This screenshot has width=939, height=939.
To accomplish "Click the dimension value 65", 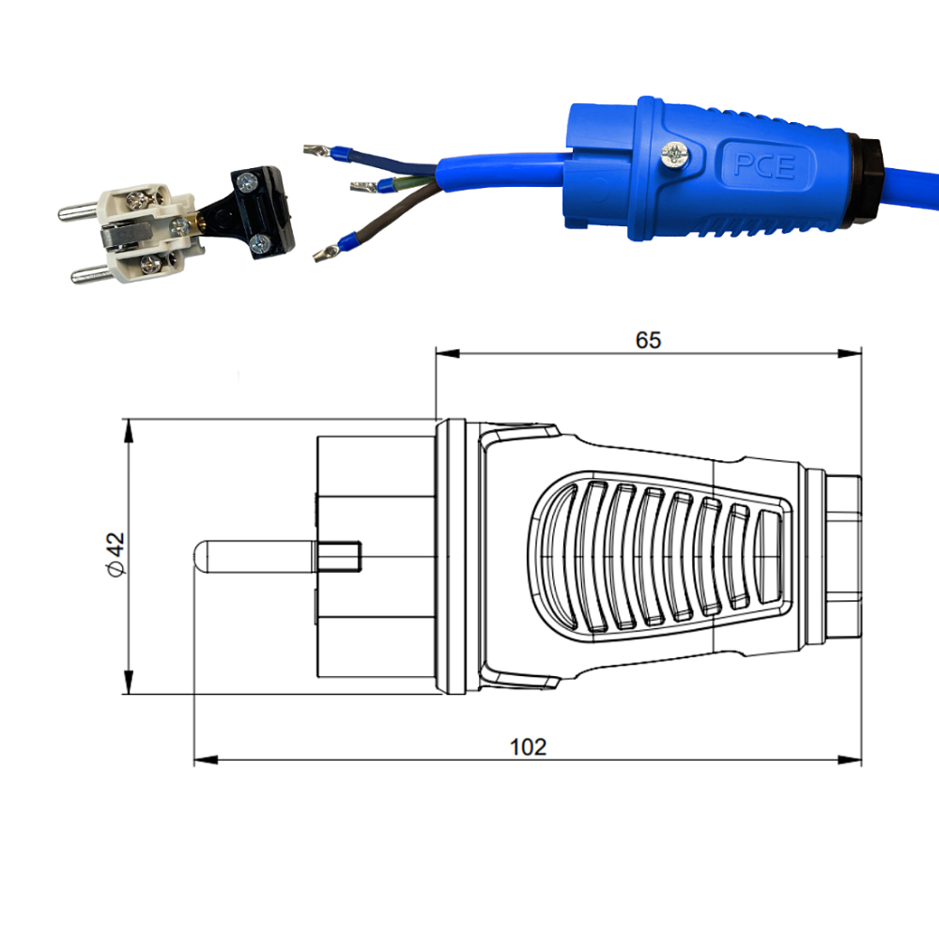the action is (x=648, y=340).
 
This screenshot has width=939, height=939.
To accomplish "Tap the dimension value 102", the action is (x=528, y=747).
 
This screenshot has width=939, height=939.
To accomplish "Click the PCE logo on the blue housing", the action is (x=764, y=166).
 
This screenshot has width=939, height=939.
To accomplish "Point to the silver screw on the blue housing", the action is (x=675, y=156).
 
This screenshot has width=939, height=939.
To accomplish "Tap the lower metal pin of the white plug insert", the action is (x=91, y=274).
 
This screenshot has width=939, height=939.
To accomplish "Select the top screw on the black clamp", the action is (x=247, y=181).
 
